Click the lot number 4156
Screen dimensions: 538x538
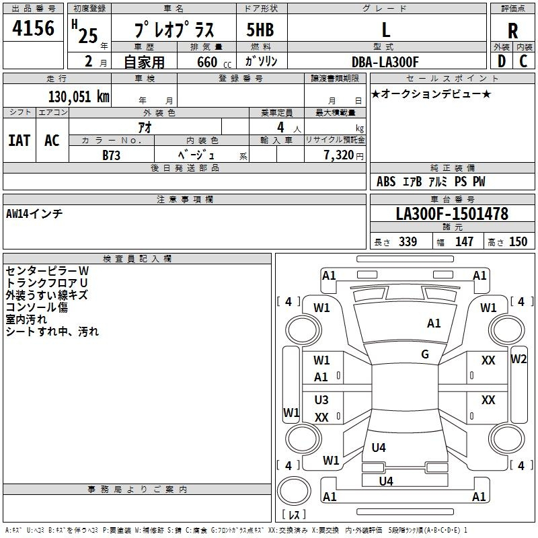click(33, 28)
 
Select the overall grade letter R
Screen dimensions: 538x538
click(512, 31)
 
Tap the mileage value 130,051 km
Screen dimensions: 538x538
click(79, 97)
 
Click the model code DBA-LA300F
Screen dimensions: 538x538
click(385, 62)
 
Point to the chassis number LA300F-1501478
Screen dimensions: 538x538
click(452, 214)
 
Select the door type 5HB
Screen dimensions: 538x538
click(260, 30)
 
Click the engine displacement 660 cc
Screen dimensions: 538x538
click(214, 62)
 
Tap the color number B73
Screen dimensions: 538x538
click(111, 155)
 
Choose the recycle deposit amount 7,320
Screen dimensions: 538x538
click(339, 155)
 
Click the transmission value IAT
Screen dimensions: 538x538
click(20, 141)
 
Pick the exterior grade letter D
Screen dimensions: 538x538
click(501, 61)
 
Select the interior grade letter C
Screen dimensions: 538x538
click(523, 61)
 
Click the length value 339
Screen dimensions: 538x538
click(408, 241)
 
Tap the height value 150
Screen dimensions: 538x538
click(518, 241)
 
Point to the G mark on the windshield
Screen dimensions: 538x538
click(425, 354)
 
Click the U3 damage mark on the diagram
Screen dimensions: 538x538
click(321, 399)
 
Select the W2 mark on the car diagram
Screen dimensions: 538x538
click(518, 359)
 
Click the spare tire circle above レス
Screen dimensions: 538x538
click(294, 491)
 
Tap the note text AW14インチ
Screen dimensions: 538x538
click(34, 214)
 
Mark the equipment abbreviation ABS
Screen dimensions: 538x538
click(386, 182)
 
